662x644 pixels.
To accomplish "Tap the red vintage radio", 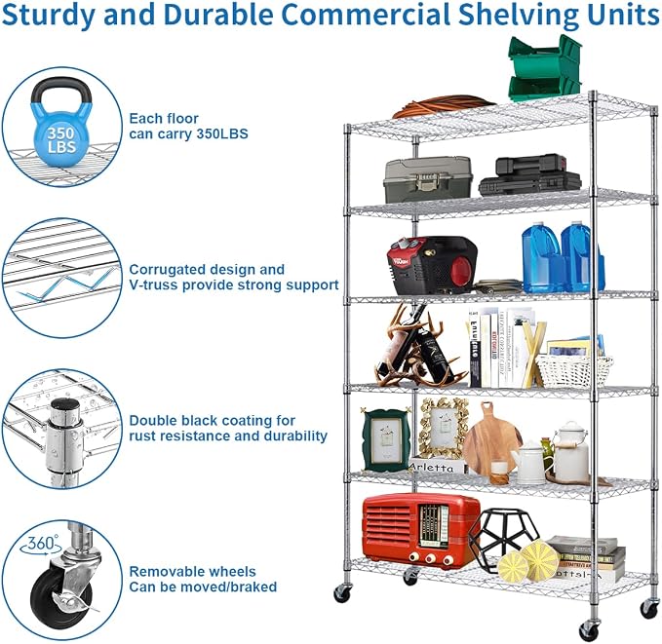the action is (x=420, y=531).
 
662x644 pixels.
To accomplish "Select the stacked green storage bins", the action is (x=545, y=67).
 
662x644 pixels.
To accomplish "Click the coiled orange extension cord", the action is (x=444, y=106).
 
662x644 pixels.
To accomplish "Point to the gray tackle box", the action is (x=428, y=179).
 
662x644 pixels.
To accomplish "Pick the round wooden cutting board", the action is (x=491, y=444).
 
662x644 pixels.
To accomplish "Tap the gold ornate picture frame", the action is (x=444, y=429).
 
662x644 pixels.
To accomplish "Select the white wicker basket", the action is (x=574, y=370).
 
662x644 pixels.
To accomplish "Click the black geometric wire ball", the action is (x=504, y=535).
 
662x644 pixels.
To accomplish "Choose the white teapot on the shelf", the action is (x=529, y=463).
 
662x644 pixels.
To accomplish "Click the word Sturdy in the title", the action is (x=50, y=16).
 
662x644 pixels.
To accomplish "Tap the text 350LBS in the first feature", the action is (x=222, y=133).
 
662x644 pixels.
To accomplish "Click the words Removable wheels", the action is (x=192, y=571).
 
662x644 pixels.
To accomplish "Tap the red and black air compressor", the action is (x=433, y=265).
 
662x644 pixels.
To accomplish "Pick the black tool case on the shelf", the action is (x=531, y=176).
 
